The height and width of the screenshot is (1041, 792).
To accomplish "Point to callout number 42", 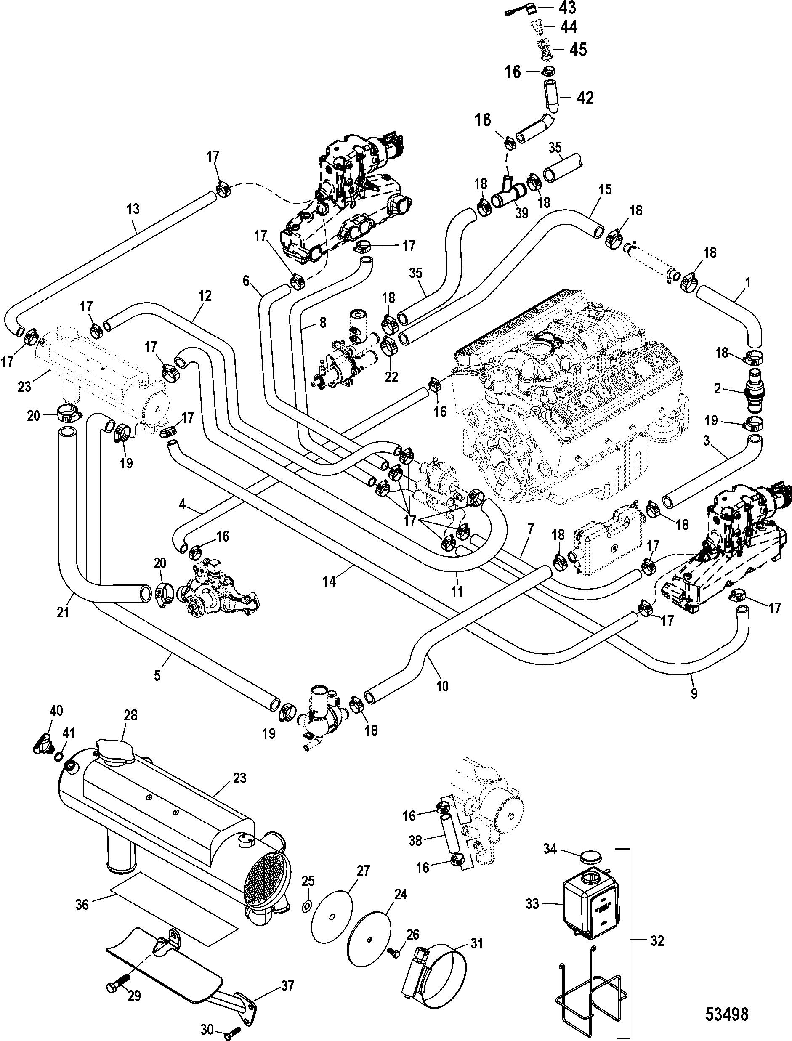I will point(585,98).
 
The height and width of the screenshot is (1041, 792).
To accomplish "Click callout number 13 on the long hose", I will point(133,209).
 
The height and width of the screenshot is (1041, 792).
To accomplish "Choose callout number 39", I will point(521,212).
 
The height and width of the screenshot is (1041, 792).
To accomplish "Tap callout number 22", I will point(391,376).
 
